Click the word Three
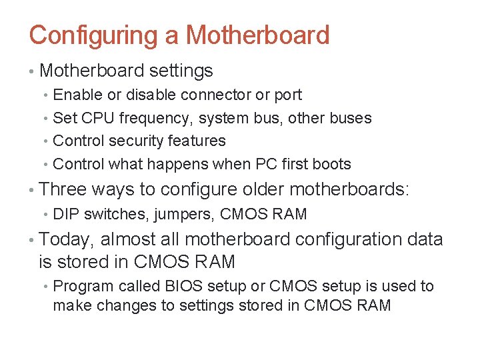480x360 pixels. (63, 189)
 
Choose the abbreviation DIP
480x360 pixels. (66, 214)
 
